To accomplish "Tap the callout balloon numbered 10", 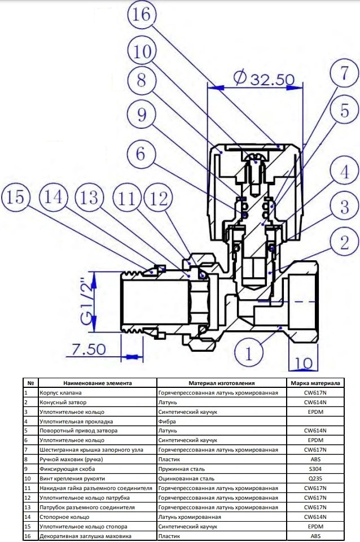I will point(143,53).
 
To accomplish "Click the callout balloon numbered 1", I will point(249,353).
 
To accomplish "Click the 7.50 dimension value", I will point(89,349).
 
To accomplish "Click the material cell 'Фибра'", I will point(168,421).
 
